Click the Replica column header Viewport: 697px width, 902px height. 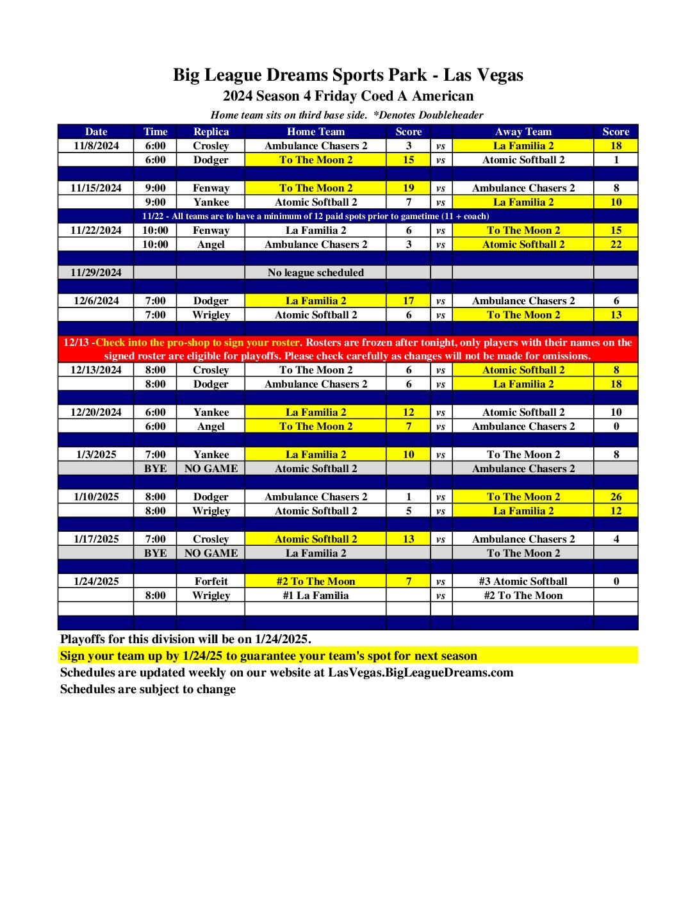(211, 131)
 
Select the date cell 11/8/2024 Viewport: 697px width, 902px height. (96, 145)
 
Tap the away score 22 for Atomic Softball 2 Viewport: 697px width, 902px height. (616, 244)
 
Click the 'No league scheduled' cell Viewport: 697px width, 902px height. (315, 272)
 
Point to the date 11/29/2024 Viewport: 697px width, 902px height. (96, 272)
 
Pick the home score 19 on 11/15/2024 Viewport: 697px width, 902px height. (408, 188)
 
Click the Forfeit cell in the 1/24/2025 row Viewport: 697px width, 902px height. (211, 581)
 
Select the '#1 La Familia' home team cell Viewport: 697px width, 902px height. (315, 595)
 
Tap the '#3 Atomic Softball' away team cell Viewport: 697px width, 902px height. (523, 581)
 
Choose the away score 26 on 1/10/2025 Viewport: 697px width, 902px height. (616, 496)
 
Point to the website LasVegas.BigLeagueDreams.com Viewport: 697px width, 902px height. (420, 672)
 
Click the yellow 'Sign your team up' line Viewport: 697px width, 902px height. (268, 655)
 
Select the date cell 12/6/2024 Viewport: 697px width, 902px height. (96, 300)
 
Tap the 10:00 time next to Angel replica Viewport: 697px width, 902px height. (155, 244)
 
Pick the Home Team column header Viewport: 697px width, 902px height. (315, 131)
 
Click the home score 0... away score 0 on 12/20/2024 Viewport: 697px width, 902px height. (616, 426)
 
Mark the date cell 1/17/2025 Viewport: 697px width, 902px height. (96, 539)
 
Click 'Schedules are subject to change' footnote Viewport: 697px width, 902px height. (148, 689)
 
